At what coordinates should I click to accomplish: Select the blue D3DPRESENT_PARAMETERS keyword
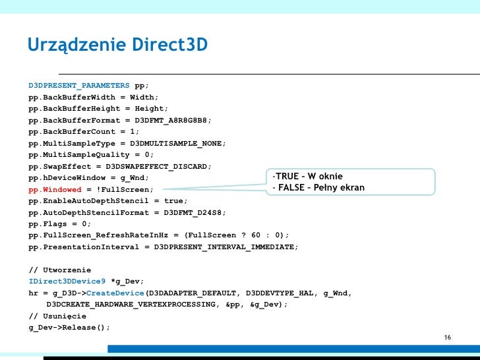tap(79, 86)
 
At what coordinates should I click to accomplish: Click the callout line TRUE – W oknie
tap(310, 176)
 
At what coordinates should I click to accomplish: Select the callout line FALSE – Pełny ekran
tap(318, 188)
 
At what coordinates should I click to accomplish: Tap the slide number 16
tap(448, 338)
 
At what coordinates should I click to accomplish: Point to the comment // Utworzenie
tap(60, 270)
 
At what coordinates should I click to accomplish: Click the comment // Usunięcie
tap(58, 316)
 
